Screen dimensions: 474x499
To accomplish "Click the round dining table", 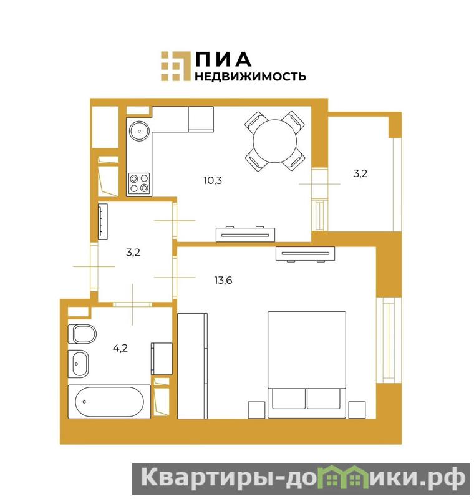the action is tap(274, 141).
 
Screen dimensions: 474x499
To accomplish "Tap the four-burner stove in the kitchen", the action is tap(139, 183).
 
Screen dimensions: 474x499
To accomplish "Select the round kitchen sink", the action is tap(139, 130).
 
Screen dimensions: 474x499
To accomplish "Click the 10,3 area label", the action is tap(213, 180).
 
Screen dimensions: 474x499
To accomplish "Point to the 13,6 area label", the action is tap(223, 280).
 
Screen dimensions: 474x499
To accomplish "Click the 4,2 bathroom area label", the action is tap(120, 348).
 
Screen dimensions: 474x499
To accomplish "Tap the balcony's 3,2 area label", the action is tap(360, 173).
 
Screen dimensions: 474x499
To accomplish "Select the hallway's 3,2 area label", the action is tap(133, 253).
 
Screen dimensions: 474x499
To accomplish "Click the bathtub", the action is tap(109, 402).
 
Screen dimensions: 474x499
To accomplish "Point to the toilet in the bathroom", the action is tap(82, 334).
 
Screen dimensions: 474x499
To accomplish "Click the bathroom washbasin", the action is tap(78, 364).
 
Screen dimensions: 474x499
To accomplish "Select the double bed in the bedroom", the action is tap(307, 365).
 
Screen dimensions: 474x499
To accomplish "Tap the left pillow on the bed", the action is tap(289, 398).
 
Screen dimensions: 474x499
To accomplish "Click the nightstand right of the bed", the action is tap(357, 410).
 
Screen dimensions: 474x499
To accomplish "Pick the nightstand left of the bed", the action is tap(256, 410).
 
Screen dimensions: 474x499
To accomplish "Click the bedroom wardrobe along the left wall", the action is tap(192, 366).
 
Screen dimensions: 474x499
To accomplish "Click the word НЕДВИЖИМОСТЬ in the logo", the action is tap(250, 76).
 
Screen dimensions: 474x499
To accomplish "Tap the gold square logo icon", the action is tap(175, 66).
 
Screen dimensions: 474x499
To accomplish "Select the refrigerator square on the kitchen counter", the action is tap(201, 119).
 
